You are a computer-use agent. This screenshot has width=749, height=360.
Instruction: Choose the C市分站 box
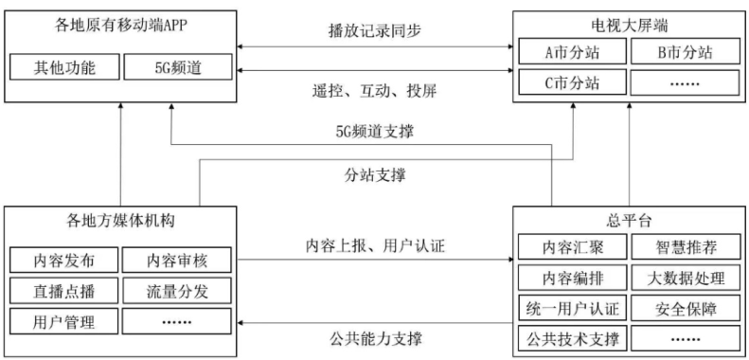tap(573, 82)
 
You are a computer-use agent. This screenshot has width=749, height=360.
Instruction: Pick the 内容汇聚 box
tap(573, 248)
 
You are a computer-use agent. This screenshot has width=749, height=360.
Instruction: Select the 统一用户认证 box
tap(573, 308)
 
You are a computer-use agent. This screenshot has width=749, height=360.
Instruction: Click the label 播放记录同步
tap(375, 30)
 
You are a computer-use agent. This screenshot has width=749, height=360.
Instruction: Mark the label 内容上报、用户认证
tap(377, 245)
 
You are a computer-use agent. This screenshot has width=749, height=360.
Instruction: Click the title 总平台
tap(629, 220)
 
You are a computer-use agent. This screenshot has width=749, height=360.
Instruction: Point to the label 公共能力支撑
tap(377, 337)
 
